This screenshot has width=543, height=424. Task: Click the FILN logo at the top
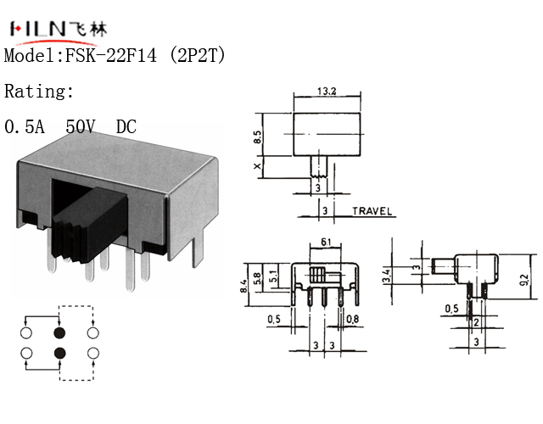[x=58, y=29]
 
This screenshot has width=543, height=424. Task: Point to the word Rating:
[x=40, y=92]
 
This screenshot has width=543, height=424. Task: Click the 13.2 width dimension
[x=326, y=91]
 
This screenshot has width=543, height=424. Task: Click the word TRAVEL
[x=372, y=211]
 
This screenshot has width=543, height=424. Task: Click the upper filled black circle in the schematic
[x=59, y=332]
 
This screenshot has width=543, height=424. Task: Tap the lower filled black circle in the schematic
[x=59, y=353]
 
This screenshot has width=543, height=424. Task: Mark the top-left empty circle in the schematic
[x=26, y=332]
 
